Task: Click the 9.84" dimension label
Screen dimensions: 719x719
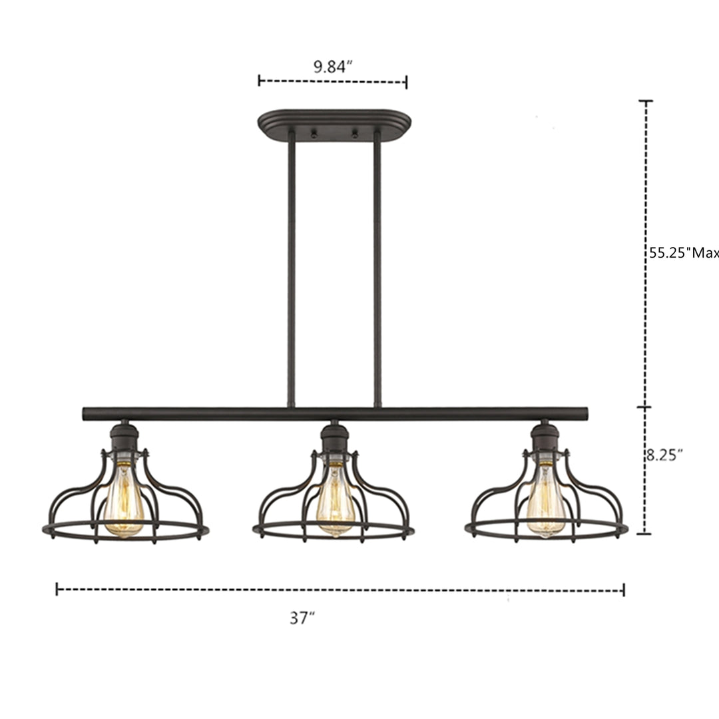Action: pyautogui.click(x=332, y=67)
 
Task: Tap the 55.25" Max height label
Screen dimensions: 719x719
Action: pyautogui.click(x=684, y=253)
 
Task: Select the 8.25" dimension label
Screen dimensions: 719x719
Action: pyautogui.click(x=664, y=455)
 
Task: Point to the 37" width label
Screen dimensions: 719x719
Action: pyautogui.click(x=302, y=618)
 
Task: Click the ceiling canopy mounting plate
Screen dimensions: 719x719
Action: pyautogui.click(x=334, y=124)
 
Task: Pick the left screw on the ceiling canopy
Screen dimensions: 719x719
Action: pyautogui.click(x=314, y=134)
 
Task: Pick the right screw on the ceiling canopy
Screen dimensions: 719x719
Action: pyautogui.click(x=354, y=134)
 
